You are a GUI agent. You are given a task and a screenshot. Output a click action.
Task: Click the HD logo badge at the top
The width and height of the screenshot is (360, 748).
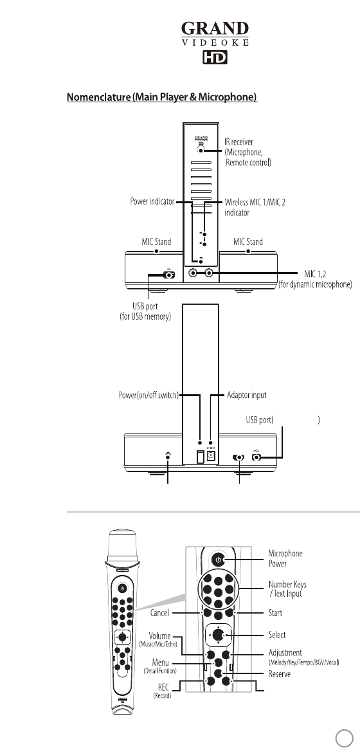point(215,57)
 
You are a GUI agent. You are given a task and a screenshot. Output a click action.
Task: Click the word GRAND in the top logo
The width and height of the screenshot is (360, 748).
point(215,30)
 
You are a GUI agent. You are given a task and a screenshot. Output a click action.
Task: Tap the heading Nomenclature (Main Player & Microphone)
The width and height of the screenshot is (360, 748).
point(162,97)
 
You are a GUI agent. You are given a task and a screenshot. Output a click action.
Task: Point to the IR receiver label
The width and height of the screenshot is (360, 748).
point(248,152)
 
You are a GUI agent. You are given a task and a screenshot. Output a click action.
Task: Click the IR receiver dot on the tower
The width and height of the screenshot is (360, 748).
point(201,149)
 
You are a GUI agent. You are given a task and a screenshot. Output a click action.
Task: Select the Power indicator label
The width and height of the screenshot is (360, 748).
point(152,202)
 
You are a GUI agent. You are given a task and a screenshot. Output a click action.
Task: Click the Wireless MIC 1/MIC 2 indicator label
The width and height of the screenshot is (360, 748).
point(255,207)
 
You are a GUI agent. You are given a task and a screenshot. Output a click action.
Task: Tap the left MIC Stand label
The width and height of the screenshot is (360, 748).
point(156,242)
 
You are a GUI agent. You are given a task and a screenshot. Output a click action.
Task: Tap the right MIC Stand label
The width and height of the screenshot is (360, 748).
point(248,242)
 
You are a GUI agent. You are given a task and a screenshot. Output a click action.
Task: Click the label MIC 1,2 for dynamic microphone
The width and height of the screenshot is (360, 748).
point(315,279)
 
